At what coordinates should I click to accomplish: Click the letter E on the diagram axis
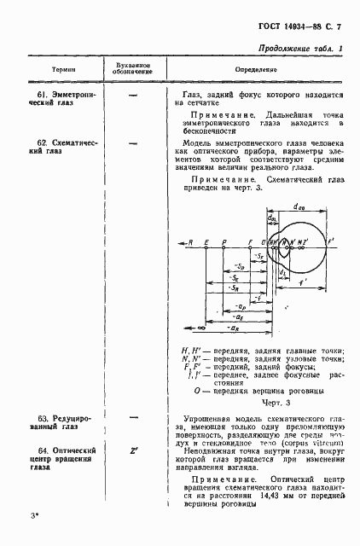pos(206,241)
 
